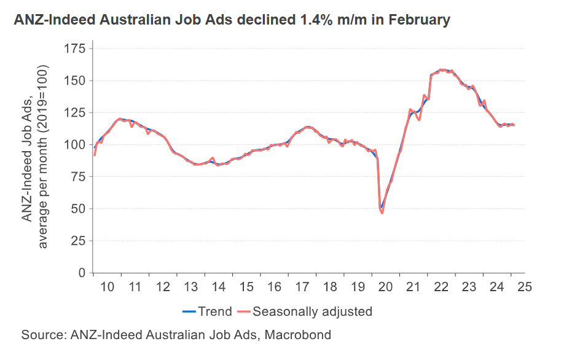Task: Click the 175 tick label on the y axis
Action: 74,49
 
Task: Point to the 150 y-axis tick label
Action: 74,80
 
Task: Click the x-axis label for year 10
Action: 108,287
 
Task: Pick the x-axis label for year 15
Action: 246,287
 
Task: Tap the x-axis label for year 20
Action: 385,287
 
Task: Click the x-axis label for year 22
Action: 441,287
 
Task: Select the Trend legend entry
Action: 208,311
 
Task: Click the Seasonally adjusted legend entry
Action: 304,311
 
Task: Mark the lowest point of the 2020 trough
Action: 382,213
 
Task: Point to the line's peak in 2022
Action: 442,69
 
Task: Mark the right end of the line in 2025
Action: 514,125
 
